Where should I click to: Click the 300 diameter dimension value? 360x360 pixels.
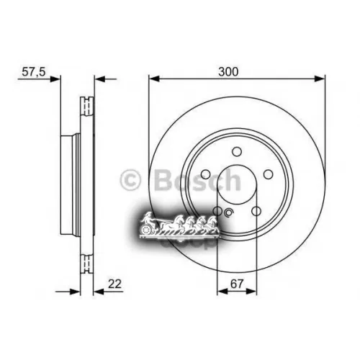tap(230, 71)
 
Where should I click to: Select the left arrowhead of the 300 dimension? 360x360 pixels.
tap(153, 79)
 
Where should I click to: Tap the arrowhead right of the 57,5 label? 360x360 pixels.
tap(58, 79)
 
